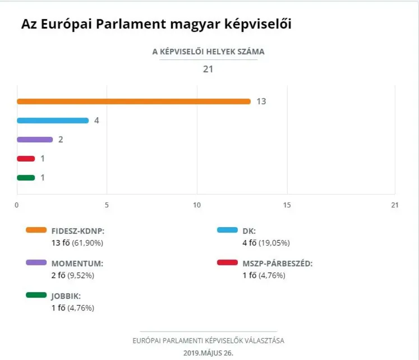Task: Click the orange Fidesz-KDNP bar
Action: point(133,101)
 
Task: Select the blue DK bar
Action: point(53,121)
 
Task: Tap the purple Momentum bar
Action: point(35,140)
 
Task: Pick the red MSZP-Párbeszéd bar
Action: point(26,159)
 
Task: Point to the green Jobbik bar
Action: point(26,178)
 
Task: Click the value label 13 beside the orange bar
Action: point(261,101)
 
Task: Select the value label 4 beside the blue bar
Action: point(96,121)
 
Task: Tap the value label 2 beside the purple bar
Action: point(61,140)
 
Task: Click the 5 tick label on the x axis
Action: point(107,205)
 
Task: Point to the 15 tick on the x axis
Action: point(287,205)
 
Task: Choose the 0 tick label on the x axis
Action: point(17,205)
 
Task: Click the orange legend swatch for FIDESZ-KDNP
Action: point(36,230)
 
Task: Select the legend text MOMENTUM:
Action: point(77,263)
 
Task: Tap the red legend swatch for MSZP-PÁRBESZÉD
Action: point(228,262)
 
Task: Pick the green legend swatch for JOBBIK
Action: point(36,295)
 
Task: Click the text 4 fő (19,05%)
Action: point(266,243)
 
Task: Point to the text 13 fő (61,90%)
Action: point(77,243)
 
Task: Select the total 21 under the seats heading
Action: point(208,70)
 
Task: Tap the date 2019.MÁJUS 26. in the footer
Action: point(208,353)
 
